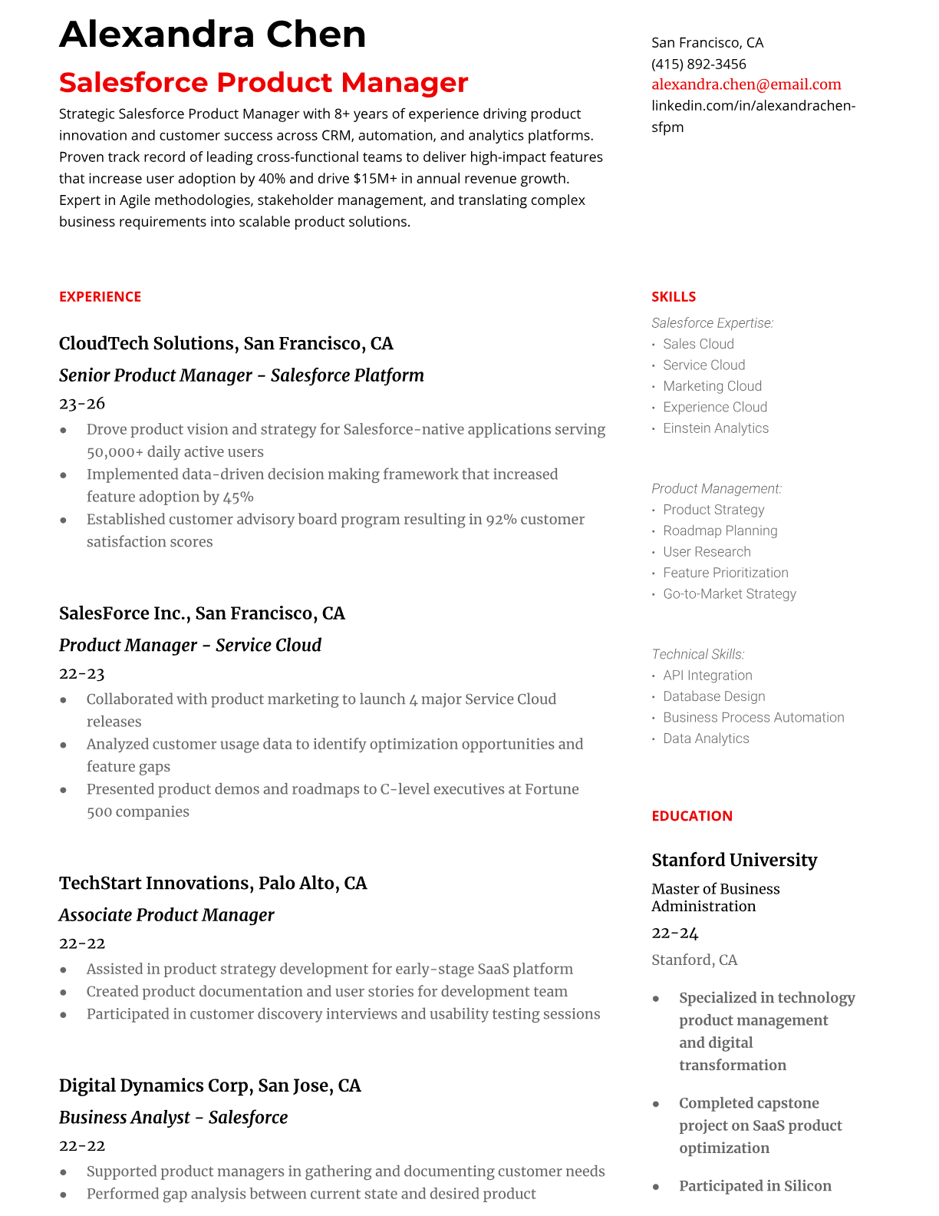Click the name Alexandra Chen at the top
[213, 35]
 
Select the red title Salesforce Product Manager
[263, 82]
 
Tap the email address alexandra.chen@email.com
[746, 84]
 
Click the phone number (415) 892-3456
[698, 64]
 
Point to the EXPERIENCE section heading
[100, 296]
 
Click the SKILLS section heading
[674, 296]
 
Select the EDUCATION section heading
[691, 815]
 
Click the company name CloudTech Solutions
[147, 343]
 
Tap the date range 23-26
[81, 403]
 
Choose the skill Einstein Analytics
[715, 428]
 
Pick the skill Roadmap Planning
[720, 530]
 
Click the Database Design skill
[713, 696]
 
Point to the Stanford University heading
[733, 860]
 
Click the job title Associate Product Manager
[166, 915]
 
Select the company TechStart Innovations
[155, 883]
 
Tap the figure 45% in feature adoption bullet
[239, 497]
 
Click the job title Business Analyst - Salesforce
[173, 1118]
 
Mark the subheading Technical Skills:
[697, 654]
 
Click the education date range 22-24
[674, 933]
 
